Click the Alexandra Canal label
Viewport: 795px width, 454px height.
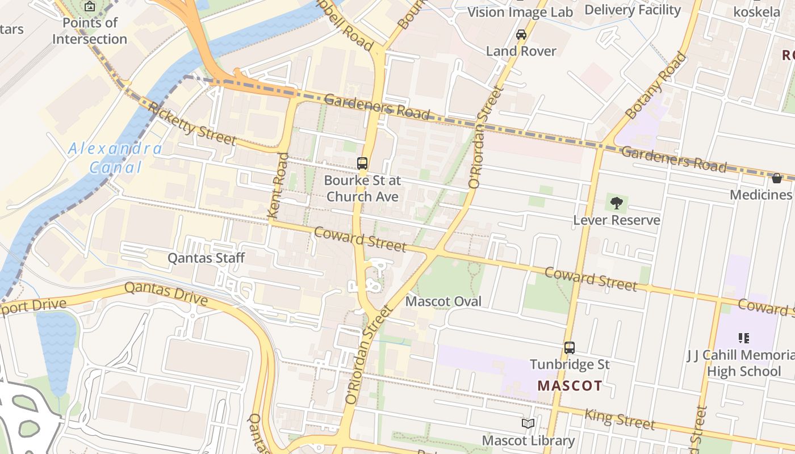115,158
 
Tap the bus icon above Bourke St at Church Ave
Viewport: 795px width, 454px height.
362,163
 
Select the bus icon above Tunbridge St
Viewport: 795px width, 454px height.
570,347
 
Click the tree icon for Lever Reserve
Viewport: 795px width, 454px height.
616,203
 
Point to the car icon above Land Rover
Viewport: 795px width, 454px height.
521,35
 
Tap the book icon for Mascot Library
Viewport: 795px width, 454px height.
528,423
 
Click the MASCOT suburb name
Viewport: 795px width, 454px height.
570,386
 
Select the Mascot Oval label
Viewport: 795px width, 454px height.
443,301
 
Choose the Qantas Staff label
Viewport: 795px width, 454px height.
206,258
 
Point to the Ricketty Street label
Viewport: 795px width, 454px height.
192,123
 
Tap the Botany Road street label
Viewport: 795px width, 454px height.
655,86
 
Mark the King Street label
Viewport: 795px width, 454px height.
620,419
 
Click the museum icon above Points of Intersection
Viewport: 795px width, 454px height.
90,7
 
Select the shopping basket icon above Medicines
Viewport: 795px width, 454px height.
777,178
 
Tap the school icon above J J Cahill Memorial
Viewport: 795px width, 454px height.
744,338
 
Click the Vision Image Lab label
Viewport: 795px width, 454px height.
520,12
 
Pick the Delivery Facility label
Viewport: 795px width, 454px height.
632,10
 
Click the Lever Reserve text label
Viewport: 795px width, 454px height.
617,220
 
